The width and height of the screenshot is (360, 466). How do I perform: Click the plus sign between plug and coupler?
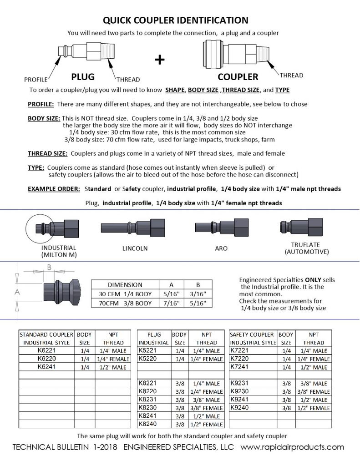(160, 60)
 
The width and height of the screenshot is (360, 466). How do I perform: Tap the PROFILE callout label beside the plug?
(36, 80)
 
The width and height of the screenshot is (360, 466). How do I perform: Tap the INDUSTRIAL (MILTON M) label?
(59, 251)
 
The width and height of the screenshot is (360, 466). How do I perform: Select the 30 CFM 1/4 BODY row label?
(125, 294)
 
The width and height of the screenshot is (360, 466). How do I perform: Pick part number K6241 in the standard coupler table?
(46, 367)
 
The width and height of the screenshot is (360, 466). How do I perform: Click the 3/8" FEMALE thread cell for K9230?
(314, 391)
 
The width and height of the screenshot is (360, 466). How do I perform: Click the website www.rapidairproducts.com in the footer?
(292, 447)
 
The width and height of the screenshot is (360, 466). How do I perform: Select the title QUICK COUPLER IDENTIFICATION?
(175, 20)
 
